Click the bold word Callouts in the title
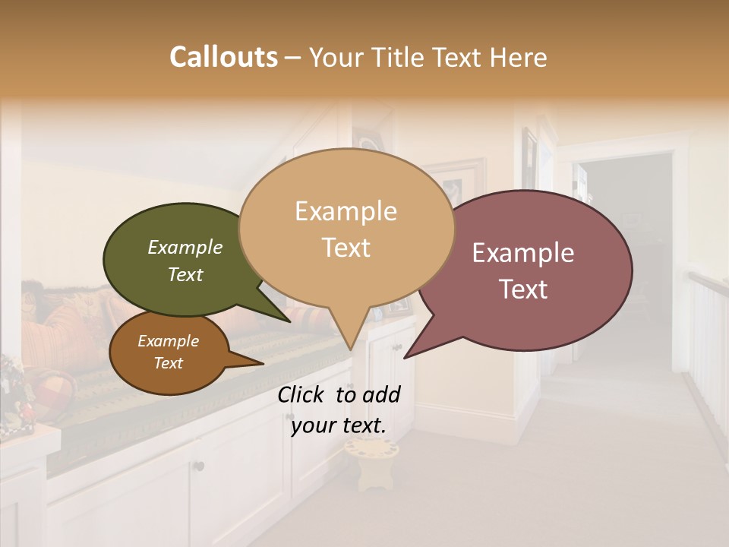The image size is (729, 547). pyautogui.click(x=223, y=57)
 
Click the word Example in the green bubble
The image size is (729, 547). pyautogui.click(x=185, y=248)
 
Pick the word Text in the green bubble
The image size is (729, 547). pyautogui.click(x=185, y=274)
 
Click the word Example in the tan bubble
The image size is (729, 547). pyautogui.click(x=346, y=211)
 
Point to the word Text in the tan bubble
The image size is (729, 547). pyautogui.click(x=346, y=248)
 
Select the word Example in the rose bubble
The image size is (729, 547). pyautogui.click(x=523, y=253)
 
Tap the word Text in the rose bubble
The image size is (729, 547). pyautogui.click(x=523, y=289)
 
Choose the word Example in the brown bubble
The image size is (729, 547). pyautogui.click(x=169, y=341)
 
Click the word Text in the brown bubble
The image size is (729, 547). pyautogui.click(x=169, y=363)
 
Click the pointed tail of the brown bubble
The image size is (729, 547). pyautogui.click(x=262, y=363)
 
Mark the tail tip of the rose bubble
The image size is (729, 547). pyautogui.click(x=405, y=357)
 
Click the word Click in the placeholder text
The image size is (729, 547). pyautogui.click(x=302, y=394)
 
